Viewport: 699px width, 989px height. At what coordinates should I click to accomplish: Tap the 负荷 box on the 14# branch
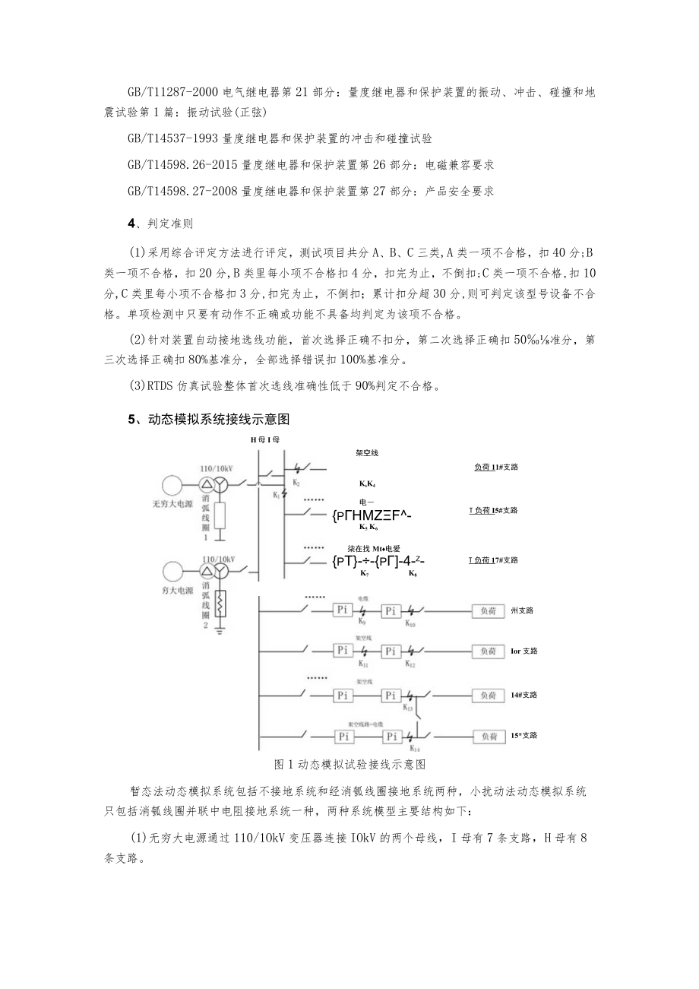point(485,695)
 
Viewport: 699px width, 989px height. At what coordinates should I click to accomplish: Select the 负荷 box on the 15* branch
point(485,736)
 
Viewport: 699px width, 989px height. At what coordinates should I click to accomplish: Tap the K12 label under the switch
point(410,664)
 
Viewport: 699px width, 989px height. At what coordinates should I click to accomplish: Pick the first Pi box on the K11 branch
point(343,651)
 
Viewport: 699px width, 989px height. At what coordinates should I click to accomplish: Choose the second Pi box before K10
point(391,610)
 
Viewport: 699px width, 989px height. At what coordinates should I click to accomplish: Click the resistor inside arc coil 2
point(222,604)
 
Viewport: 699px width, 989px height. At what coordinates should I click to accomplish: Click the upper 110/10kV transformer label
point(215,469)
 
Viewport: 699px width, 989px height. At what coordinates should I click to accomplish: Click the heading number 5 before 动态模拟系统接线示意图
point(131,418)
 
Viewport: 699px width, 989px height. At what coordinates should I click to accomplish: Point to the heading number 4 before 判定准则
point(131,223)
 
